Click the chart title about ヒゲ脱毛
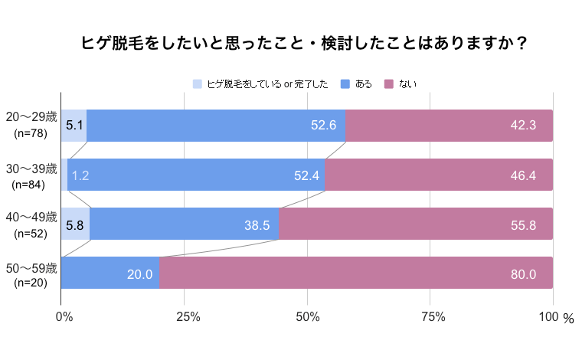coord(305,44)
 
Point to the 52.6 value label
coord(324,126)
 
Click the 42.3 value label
coord(523,126)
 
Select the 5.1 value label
coord(74,126)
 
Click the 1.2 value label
coord(80,175)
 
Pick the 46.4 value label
coord(523,175)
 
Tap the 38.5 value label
coord(257,224)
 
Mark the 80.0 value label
coord(523,273)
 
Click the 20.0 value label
coord(140,273)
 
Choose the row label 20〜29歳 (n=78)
coord(31,125)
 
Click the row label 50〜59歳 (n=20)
coord(31,274)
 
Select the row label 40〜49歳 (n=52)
coord(31,224)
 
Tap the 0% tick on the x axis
coord(65,317)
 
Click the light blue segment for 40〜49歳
coord(75,224)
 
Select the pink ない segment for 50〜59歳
coord(355,273)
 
